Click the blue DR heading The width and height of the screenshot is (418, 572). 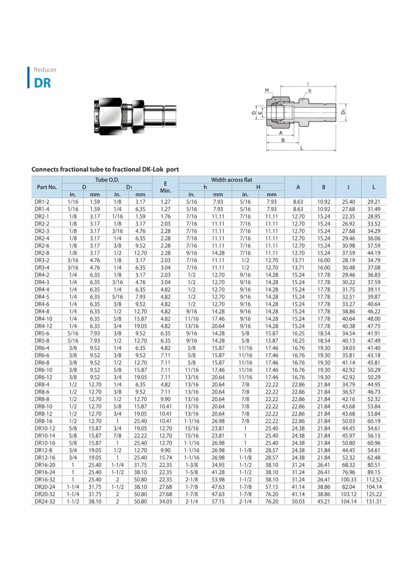[x=43, y=83]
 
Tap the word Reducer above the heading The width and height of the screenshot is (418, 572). [x=45, y=70]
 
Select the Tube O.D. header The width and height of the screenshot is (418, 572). [x=107, y=180]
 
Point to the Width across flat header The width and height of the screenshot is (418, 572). [x=232, y=180]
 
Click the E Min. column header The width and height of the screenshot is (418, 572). [x=165, y=187]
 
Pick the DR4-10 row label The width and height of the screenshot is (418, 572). [x=43, y=319]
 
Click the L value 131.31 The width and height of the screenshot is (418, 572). [x=374, y=502]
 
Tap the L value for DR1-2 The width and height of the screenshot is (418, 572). [x=374, y=202]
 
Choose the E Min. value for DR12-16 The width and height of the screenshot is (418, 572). [x=165, y=458]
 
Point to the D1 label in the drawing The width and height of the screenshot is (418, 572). [x=343, y=112]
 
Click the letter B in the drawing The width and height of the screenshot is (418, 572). [x=283, y=140]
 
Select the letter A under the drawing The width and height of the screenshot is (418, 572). [x=280, y=133]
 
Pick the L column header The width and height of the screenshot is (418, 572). [x=374, y=187]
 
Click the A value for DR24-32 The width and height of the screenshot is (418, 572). [x=298, y=502]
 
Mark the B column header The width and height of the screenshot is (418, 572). [x=323, y=187]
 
